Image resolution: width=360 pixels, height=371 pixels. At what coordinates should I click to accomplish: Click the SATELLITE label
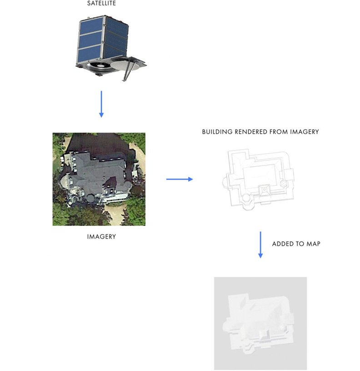click(101, 3)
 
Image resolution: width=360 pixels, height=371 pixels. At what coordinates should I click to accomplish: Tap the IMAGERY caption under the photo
click(101, 236)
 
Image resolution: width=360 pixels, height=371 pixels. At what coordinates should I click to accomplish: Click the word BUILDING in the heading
click(217, 132)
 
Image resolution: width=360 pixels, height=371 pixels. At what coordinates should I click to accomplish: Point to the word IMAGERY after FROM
click(305, 132)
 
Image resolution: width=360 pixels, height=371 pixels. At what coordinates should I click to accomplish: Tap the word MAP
click(313, 244)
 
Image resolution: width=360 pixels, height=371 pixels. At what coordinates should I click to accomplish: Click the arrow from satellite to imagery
click(101, 104)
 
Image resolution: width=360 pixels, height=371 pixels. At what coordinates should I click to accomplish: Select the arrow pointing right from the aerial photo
click(180, 179)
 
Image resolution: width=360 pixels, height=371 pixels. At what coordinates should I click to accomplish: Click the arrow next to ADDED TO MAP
click(260, 245)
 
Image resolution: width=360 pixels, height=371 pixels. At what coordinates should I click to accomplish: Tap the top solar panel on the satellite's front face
click(90, 25)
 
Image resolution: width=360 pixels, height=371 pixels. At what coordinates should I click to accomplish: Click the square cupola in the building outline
click(264, 190)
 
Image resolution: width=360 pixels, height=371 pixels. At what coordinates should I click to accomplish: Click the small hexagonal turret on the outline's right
click(284, 184)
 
